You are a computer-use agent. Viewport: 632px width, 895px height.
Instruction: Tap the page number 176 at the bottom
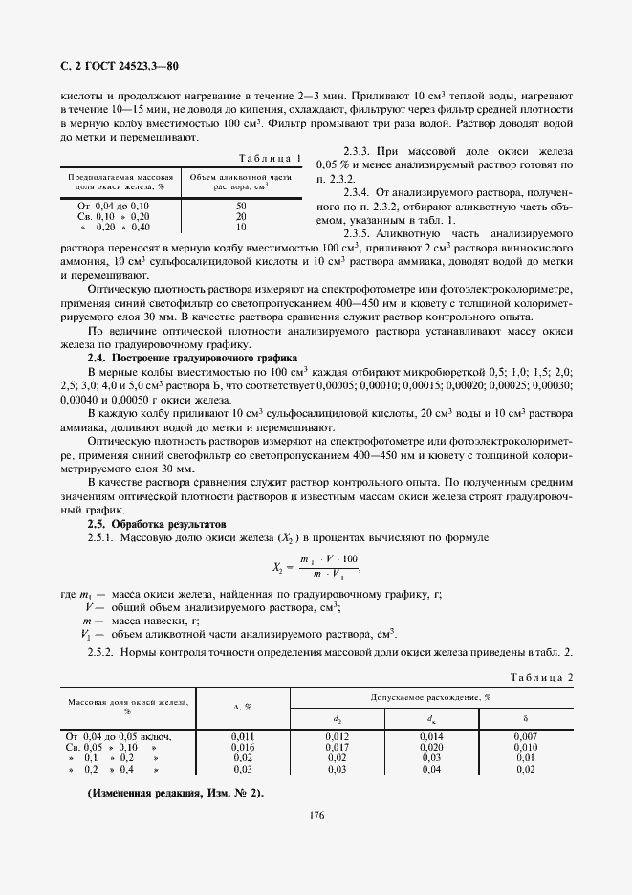[x=317, y=815]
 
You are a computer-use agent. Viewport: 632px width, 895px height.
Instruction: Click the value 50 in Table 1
[x=240, y=206]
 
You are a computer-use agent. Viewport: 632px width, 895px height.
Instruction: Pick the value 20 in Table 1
[x=240, y=216]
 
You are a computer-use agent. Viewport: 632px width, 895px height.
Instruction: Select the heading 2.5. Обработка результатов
[x=157, y=524]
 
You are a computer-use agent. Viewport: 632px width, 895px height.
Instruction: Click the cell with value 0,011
[x=242, y=736]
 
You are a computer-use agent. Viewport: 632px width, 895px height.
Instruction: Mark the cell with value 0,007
[x=525, y=736]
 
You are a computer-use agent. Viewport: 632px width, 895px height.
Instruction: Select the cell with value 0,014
[x=431, y=736]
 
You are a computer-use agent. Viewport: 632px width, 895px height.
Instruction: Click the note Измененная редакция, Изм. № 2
[x=175, y=794]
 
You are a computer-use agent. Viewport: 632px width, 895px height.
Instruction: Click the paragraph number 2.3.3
[x=357, y=152]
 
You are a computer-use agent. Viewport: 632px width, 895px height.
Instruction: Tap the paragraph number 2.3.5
[x=357, y=232]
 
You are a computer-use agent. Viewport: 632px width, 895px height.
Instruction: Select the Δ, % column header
[x=242, y=707]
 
